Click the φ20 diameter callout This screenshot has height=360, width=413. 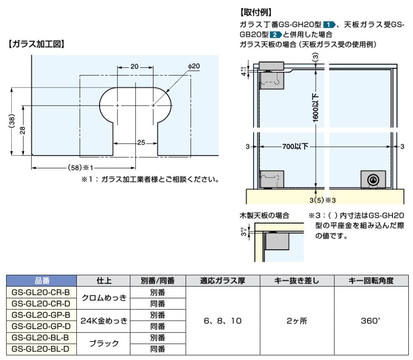click(x=194, y=66)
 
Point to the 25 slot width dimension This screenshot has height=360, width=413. click(x=141, y=143)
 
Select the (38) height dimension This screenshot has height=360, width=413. click(x=12, y=122)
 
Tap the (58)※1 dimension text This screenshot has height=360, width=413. click(x=80, y=167)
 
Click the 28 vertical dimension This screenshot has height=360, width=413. click(x=22, y=130)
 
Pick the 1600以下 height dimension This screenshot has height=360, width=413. click(x=316, y=108)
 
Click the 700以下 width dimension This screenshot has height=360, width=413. click(x=295, y=146)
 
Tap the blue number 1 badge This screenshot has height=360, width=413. click(x=329, y=25)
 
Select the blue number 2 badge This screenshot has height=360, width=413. click(x=275, y=35)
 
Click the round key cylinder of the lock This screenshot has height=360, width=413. click(x=373, y=180)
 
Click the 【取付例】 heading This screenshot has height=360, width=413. click(x=256, y=12)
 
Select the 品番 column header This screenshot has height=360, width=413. click(x=42, y=281)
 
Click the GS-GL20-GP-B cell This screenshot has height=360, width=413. click(x=41, y=315)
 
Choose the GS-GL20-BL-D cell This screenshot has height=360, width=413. click(x=41, y=349)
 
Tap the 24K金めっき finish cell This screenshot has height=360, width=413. click(x=104, y=321)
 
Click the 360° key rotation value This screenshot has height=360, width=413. click(x=370, y=321)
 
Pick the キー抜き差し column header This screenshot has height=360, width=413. click(x=297, y=281)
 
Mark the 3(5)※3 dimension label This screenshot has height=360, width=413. click(x=323, y=201)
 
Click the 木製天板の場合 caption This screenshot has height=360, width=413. click(x=264, y=216)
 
